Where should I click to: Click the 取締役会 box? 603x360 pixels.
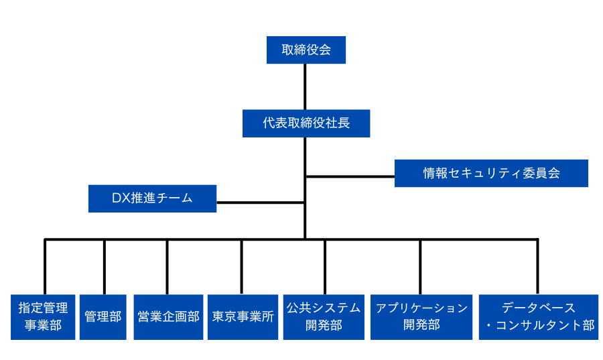coord(306,50)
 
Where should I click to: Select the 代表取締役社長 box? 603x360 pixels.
coord(306,123)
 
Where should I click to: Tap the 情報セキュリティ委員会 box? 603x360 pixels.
coord(491,173)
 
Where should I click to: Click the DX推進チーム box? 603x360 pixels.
coord(152,198)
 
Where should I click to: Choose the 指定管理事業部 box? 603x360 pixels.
coord(43,316)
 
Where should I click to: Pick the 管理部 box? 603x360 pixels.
coord(103,316)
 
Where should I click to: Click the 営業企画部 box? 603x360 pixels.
coord(168,316)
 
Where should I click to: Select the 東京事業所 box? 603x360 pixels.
coord(243,316)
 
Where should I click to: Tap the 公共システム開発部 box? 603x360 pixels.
coord(324,316)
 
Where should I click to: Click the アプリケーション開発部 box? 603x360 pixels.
coord(421,316)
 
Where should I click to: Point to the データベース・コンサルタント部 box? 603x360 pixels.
coord(538,316)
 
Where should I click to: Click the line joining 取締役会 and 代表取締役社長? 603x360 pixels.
coord(306,86)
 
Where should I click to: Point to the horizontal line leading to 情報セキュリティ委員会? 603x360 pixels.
coord(350,177)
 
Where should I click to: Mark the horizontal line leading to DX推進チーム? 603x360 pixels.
coord(260,202)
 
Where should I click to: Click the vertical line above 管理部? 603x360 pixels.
coord(105,266)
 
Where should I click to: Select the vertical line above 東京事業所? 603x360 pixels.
coord(242,266)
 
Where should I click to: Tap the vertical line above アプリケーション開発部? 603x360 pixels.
coord(421,266)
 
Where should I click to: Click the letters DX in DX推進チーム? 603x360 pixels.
coord(120,198)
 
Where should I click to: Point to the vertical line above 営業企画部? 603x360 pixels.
coord(167,266)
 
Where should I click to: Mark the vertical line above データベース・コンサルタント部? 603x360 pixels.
coord(537,266)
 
